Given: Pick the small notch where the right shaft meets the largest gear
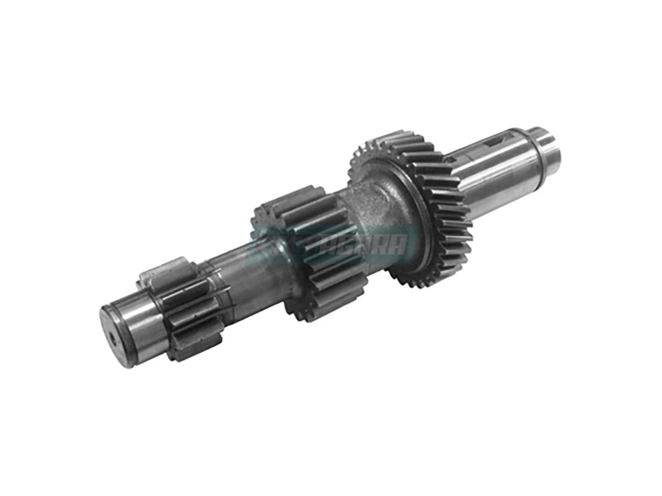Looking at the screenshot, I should tap(450, 160).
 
